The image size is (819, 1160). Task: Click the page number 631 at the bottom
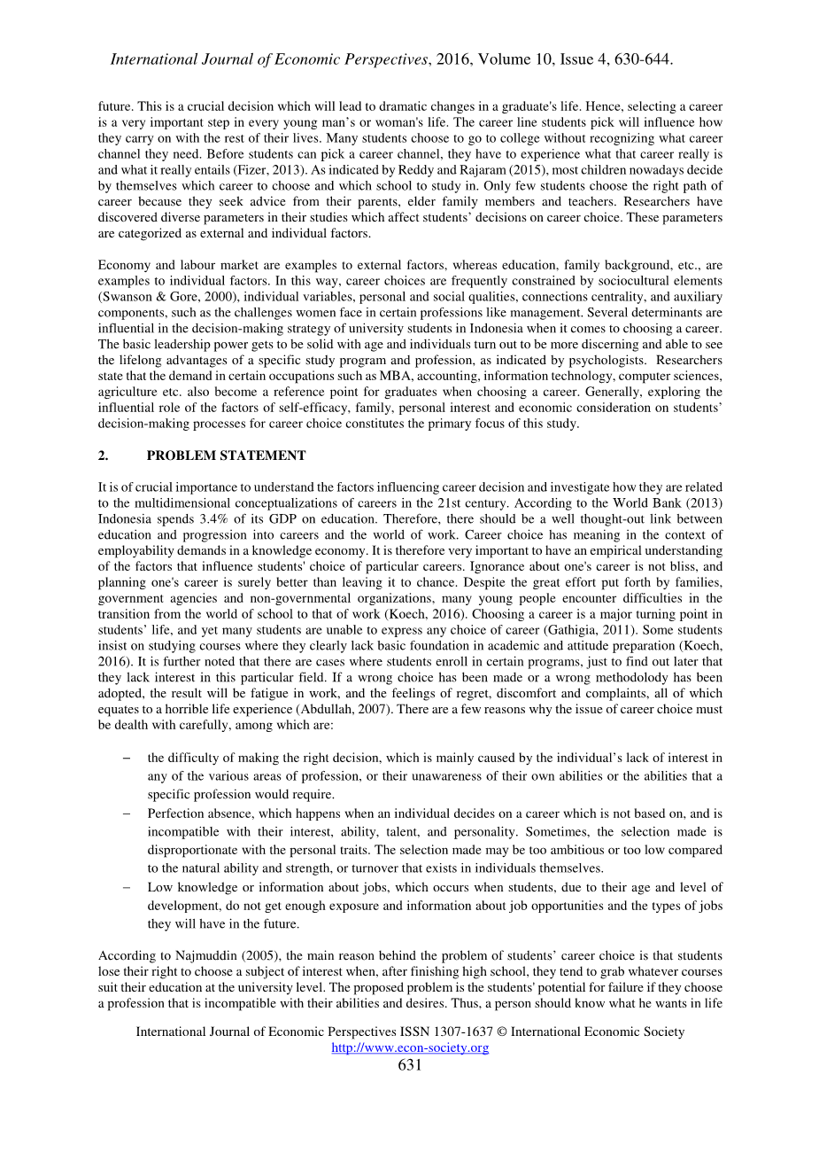(410, 1065)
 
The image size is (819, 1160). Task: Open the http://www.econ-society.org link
(410, 1047)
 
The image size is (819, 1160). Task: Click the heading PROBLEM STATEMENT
(226, 455)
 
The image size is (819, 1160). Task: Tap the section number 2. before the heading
(103, 455)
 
